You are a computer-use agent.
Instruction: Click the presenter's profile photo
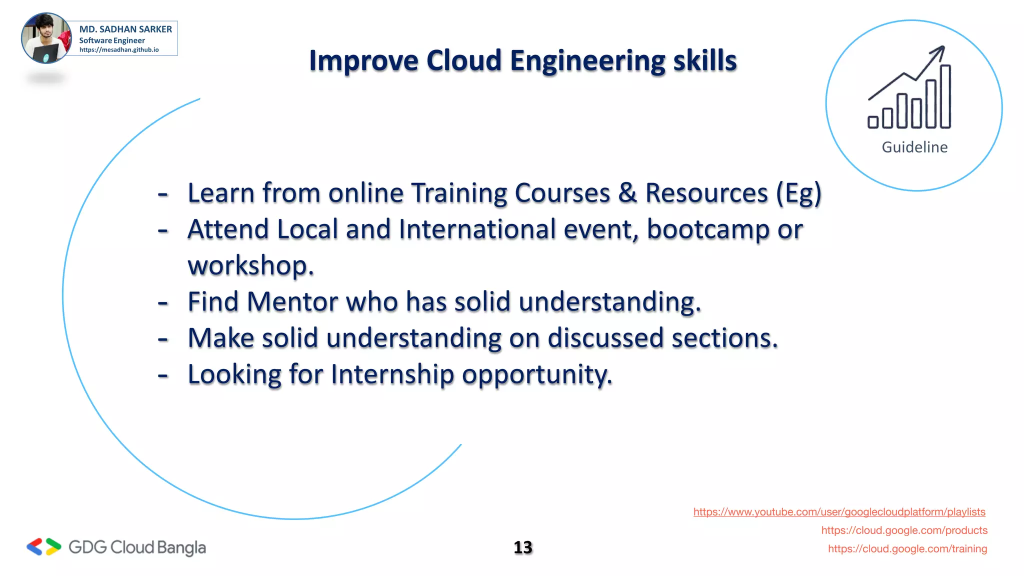pyautogui.click(x=46, y=38)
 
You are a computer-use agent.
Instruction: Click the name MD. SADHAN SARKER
pyautogui.click(x=125, y=29)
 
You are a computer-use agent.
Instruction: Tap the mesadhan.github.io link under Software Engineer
pyautogui.click(x=119, y=50)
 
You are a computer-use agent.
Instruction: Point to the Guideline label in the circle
pyautogui.click(x=914, y=147)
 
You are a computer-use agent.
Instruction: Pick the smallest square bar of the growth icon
pyautogui.click(x=873, y=122)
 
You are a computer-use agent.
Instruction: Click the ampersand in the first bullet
pyautogui.click(x=627, y=193)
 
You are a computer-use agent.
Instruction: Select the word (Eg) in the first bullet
pyautogui.click(x=798, y=194)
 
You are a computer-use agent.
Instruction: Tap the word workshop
pyautogui.click(x=250, y=266)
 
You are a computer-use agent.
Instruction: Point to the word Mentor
pyautogui.click(x=292, y=302)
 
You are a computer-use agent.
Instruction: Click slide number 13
pyautogui.click(x=523, y=547)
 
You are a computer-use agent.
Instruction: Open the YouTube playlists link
pyautogui.click(x=839, y=512)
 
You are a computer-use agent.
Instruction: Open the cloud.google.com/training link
pyautogui.click(x=907, y=549)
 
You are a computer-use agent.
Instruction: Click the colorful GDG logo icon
pyautogui.click(x=44, y=547)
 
